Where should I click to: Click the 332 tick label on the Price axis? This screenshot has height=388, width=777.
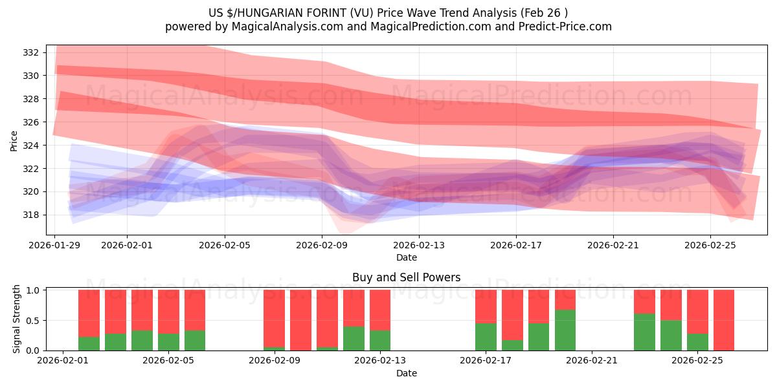[x=30, y=52]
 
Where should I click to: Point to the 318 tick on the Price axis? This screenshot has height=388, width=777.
[x=30, y=215]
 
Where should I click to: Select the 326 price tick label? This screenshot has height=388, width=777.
[x=30, y=122]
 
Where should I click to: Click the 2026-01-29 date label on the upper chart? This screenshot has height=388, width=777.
[x=54, y=245]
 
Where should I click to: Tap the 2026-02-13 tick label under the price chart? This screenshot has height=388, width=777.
[x=419, y=245]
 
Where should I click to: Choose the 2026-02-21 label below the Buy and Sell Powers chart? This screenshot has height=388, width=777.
[x=592, y=360]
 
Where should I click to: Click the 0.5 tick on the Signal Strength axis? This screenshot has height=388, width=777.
[x=32, y=320]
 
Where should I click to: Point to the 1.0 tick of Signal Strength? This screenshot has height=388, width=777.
[x=32, y=290]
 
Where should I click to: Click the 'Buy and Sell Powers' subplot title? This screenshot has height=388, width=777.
[x=406, y=277]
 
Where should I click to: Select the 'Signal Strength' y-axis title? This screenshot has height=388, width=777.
[x=16, y=319]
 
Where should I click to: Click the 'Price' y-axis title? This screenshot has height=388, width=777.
[x=14, y=141]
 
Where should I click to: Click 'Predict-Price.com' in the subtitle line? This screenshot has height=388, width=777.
[x=565, y=27]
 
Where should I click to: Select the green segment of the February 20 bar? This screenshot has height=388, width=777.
[x=565, y=330]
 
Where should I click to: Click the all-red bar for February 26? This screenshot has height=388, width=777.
[x=724, y=320]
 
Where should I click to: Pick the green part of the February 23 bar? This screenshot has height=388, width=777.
[x=644, y=332]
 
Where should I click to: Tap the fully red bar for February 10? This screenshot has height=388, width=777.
[x=300, y=320]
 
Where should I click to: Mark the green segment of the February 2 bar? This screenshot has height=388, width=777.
[x=89, y=343]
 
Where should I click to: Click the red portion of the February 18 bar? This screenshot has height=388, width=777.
[x=512, y=315]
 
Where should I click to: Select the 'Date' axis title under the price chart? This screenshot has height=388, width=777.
[x=407, y=257]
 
